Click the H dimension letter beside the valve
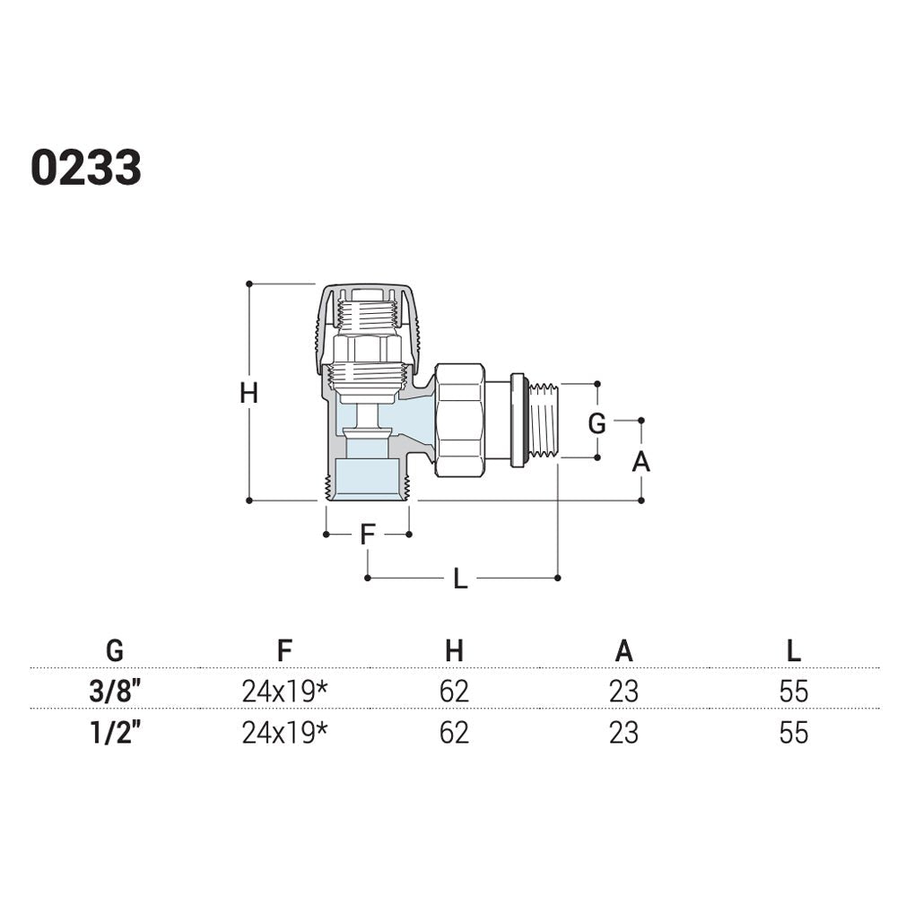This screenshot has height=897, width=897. [x=248, y=393]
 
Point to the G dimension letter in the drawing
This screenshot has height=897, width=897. [x=597, y=424]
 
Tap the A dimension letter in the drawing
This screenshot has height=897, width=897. [x=640, y=461]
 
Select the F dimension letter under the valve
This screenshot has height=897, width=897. [x=367, y=535]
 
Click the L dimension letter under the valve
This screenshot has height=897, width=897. [x=460, y=579]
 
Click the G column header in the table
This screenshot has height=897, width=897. [x=115, y=650]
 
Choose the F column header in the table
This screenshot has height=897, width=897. [x=284, y=650]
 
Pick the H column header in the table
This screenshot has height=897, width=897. [x=454, y=650]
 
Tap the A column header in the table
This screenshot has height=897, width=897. [x=623, y=650]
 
